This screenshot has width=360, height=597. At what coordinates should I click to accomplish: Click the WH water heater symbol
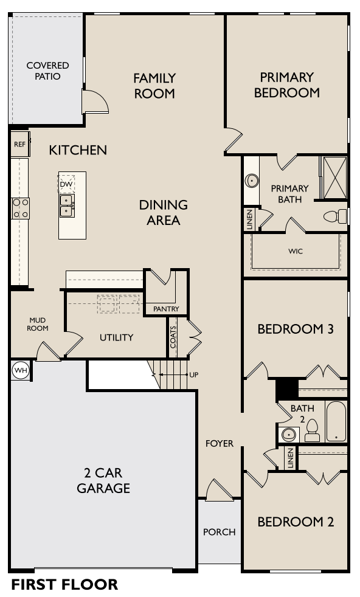[19, 370]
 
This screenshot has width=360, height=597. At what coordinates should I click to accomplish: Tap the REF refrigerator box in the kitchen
[19, 145]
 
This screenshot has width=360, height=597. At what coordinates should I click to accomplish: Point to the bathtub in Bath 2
[336, 421]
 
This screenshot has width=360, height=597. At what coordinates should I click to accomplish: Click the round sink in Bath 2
[288, 435]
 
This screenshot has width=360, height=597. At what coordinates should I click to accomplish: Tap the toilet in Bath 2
[312, 430]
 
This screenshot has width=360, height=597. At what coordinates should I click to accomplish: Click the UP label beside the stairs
[193, 374]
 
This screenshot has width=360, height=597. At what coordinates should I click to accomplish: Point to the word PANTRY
[166, 309]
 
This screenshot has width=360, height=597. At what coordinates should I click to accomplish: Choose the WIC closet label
[296, 251]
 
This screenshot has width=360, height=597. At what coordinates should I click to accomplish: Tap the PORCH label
[219, 532]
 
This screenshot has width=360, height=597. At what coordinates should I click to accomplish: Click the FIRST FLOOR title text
[64, 585]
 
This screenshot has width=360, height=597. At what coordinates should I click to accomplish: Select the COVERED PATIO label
[47, 71]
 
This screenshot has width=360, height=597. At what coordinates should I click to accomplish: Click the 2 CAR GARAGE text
[103, 480]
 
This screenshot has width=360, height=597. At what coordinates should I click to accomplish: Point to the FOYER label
[219, 443]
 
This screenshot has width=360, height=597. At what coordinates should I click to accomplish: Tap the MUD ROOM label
[37, 324]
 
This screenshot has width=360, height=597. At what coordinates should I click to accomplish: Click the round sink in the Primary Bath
[251, 181]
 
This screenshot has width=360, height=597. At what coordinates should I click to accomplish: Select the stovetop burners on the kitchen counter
[21, 208]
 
